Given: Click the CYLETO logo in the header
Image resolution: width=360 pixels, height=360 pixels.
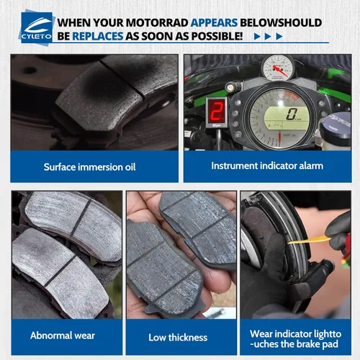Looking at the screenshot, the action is tap(36, 27).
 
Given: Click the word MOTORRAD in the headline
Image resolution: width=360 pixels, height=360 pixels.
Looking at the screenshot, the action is tap(157, 23).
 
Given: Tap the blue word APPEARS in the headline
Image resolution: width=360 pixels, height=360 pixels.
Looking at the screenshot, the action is tap(214, 23).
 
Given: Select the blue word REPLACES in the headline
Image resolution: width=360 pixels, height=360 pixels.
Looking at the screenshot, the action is tap(98, 36).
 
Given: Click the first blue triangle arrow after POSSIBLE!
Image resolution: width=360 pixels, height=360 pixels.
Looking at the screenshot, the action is tap(257, 37).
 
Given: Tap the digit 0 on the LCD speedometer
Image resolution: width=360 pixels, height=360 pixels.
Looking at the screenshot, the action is tap(292, 114).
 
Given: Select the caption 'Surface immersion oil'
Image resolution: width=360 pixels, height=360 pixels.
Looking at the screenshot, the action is tap(89, 167).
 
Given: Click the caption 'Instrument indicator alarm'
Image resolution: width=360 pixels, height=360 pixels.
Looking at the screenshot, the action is tap(267, 166).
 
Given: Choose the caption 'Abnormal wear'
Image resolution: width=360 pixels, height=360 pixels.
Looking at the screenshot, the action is tap(63, 336).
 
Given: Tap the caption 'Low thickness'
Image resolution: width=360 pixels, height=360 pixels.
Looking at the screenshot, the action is tap(178, 338).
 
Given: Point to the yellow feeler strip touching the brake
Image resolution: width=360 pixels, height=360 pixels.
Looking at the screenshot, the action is tap(309, 240).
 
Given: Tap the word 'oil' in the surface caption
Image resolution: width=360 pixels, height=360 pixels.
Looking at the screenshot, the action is tap(130, 167).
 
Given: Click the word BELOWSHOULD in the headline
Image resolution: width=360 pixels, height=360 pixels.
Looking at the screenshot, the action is tap(281, 23).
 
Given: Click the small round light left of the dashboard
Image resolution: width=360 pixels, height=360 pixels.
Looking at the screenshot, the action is tap(232, 87).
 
